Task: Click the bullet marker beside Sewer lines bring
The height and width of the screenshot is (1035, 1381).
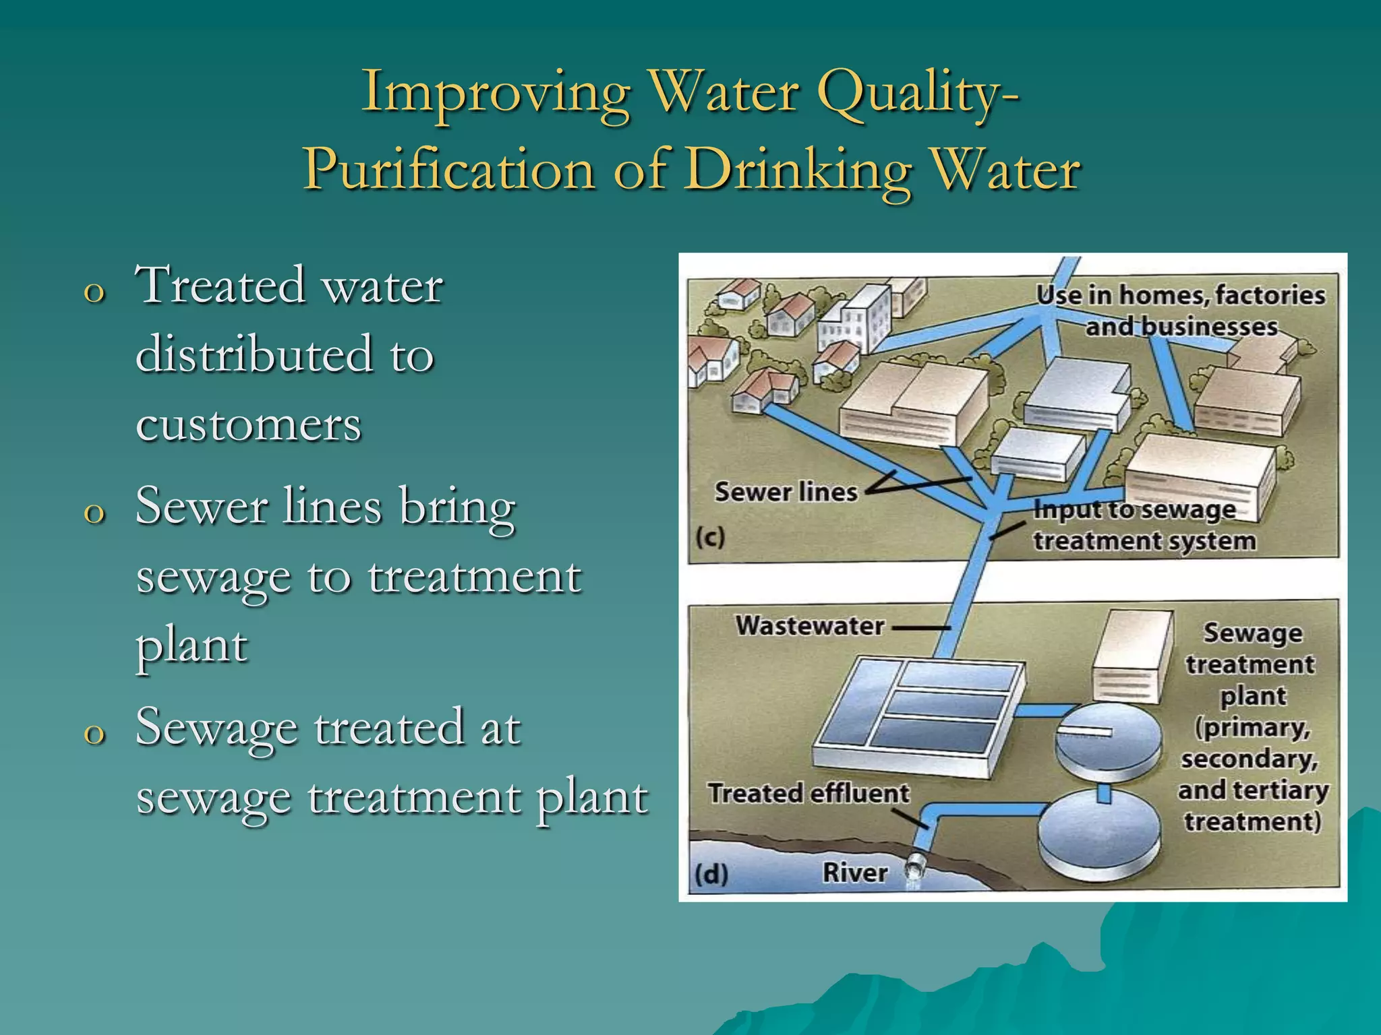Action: (94, 513)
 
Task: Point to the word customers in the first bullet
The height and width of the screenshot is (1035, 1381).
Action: (248, 425)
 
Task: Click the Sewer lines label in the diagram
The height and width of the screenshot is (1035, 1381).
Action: (786, 492)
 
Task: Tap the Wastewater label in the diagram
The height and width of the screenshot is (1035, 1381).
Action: (809, 626)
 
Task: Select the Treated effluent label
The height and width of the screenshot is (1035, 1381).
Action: (809, 793)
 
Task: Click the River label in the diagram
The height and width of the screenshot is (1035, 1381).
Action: (854, 873)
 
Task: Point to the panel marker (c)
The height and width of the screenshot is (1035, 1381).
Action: (710, 538)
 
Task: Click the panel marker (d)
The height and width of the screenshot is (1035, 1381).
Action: (711, 874)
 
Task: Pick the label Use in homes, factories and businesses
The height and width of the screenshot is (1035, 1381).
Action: (1181, 311)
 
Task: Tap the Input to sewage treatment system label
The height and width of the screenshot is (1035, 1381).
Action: (1144, 526)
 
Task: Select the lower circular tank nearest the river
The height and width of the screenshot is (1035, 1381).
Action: (1098, 836)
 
